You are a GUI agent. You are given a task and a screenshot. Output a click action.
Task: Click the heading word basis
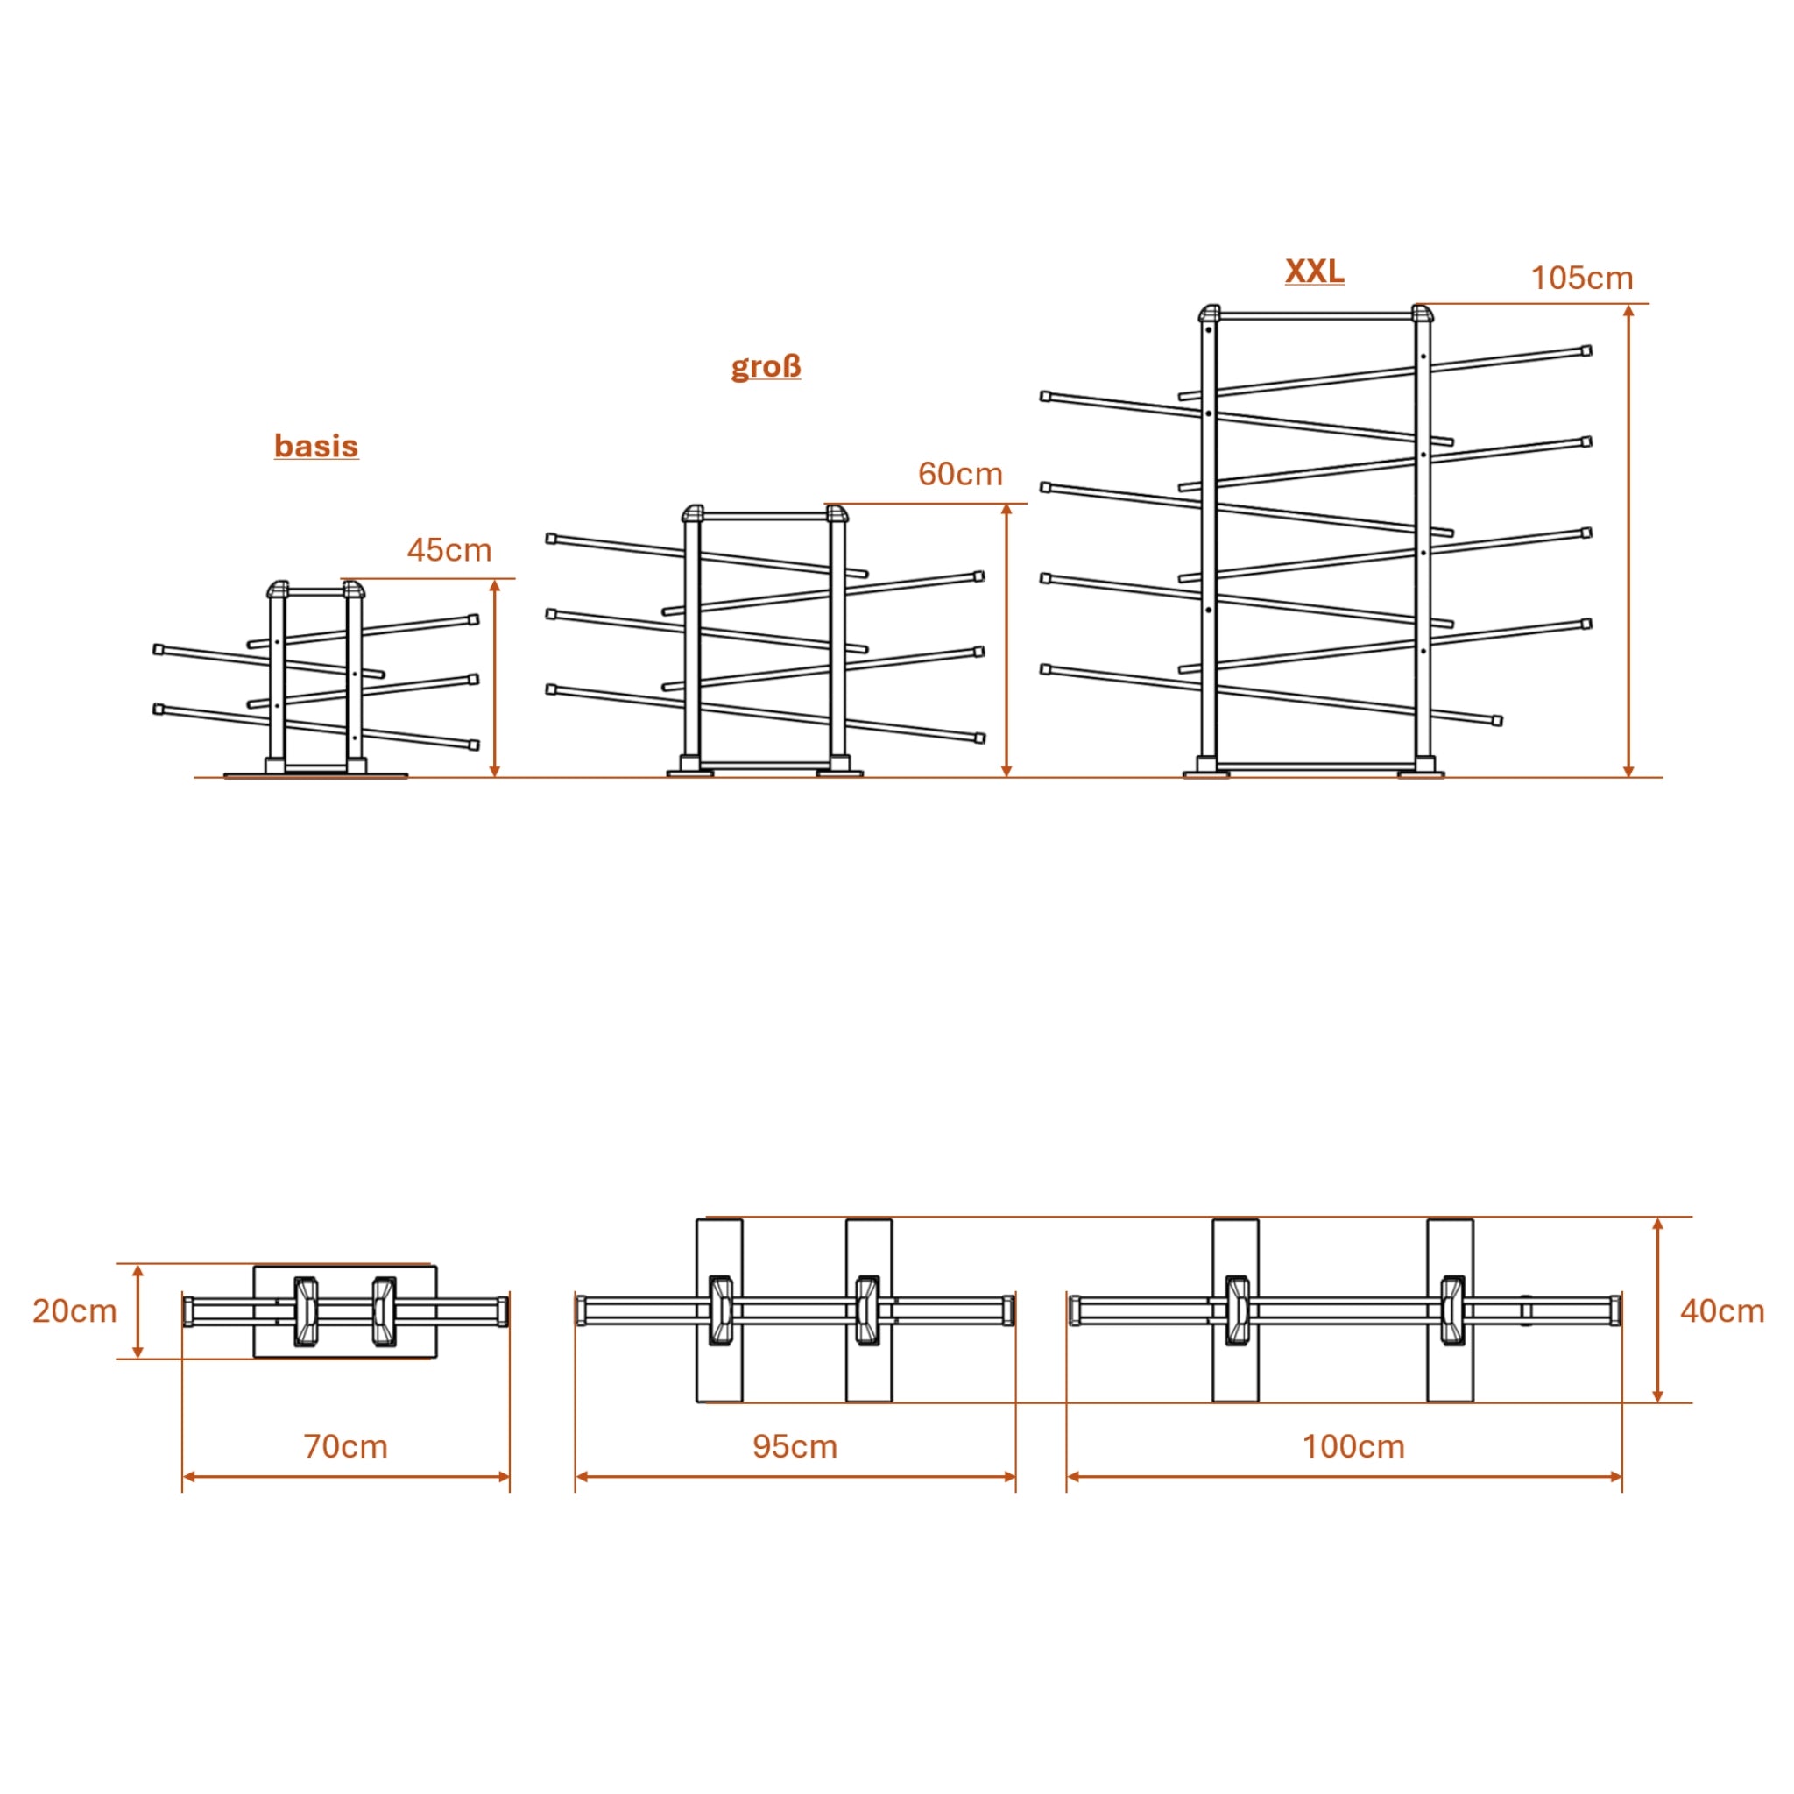[316, 446]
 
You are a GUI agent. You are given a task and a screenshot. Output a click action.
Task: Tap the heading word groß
[766, 367]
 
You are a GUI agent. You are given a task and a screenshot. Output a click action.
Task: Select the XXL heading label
[1315, 272]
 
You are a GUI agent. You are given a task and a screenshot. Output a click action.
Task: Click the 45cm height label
[449, 550]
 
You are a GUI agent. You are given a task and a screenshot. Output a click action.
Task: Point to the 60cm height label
[961, 475]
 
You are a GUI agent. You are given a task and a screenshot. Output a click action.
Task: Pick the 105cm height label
[1582, 279]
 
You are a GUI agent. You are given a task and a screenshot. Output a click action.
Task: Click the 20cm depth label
[75, 1311]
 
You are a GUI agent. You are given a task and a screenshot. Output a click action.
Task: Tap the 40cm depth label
[1722, 1311]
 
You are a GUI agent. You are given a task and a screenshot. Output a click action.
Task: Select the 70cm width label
[346, 1447]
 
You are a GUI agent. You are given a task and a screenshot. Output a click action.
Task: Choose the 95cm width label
[795, 1447]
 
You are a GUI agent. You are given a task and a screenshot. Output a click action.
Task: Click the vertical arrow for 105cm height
[1628, 540]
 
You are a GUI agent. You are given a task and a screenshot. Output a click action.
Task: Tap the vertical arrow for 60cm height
[1006, 640]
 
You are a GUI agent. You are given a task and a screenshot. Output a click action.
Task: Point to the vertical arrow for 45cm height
[495, 679]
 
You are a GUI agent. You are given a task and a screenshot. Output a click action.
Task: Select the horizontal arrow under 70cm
[346, 1476]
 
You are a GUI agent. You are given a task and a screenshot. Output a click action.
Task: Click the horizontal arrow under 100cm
[1345, 1476]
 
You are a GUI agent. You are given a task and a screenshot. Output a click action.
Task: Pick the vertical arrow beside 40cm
[1658, 1310]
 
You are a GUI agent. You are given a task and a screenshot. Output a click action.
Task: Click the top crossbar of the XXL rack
[1316, 315]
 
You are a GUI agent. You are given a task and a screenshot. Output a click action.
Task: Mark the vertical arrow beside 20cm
[138, 1311]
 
